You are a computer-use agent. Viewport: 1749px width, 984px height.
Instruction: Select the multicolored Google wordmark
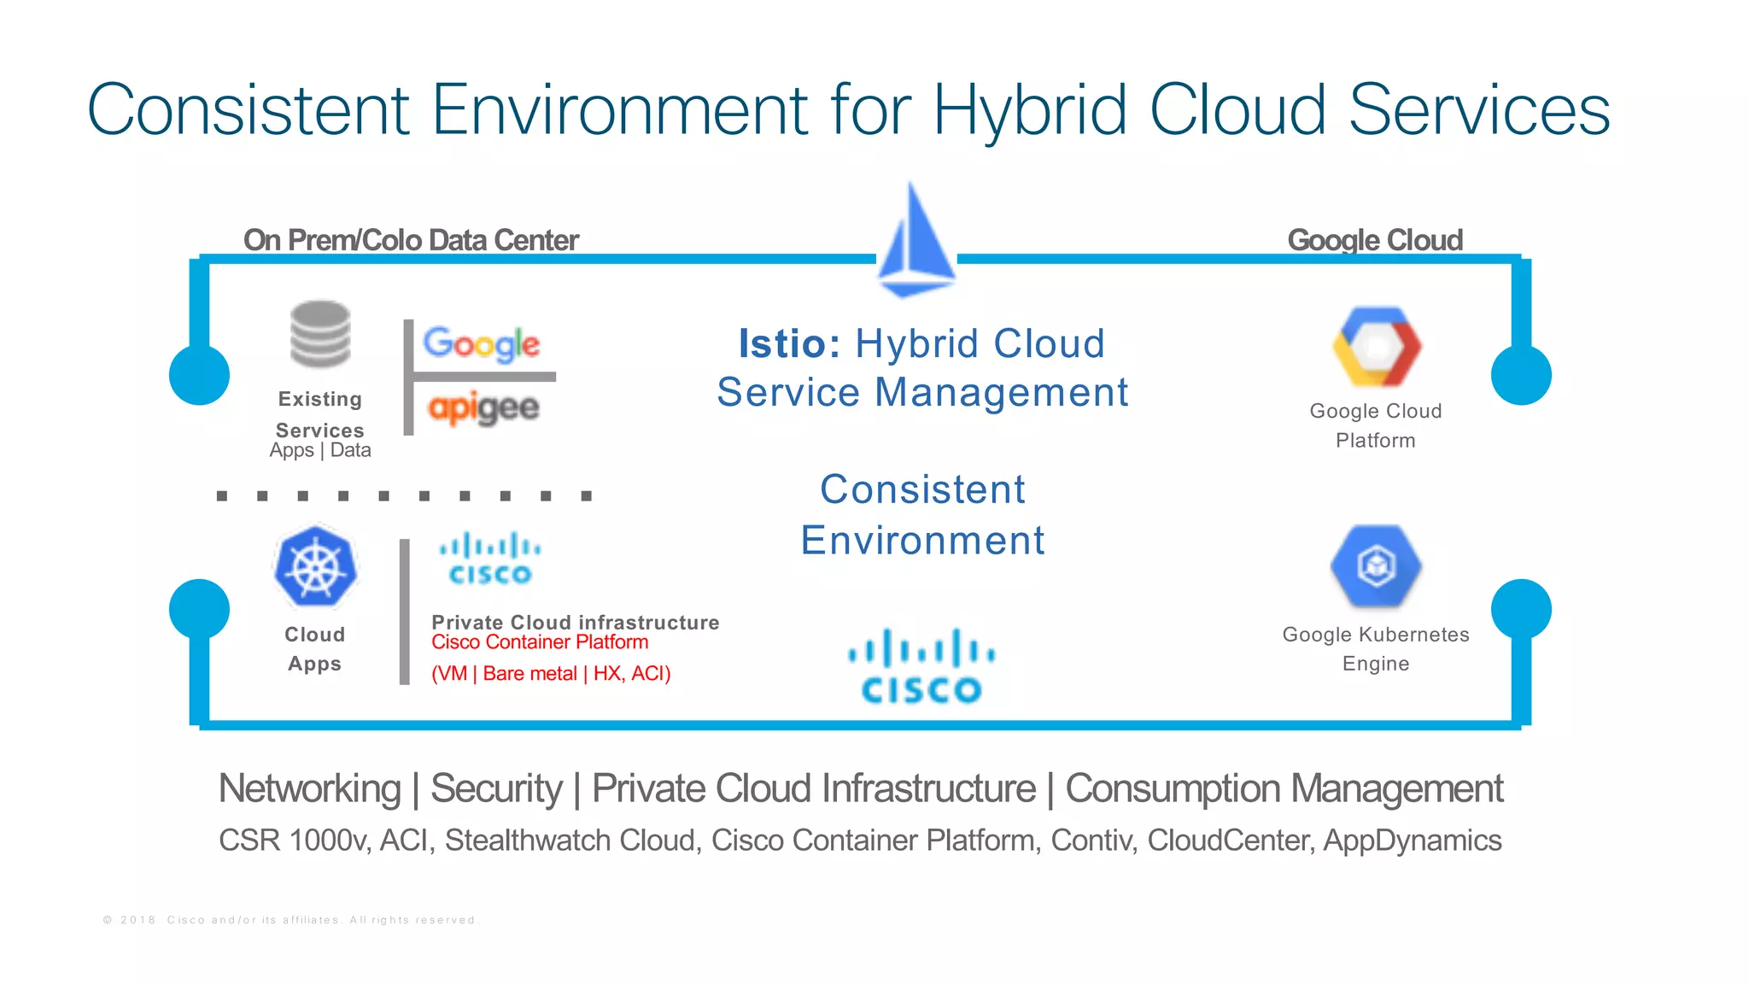(482, 343)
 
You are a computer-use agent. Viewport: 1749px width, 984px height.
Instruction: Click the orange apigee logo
(483, 407)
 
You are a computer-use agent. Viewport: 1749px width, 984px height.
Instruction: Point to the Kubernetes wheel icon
(315, 566)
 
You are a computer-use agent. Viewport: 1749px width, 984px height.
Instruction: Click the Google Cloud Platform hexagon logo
(1377, 347)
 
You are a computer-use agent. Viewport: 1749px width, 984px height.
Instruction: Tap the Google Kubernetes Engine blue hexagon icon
(1376, 565)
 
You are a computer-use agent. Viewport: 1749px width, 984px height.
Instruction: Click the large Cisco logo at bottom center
(921, 667)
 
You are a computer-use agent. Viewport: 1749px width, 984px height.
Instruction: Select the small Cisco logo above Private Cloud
(490, 559)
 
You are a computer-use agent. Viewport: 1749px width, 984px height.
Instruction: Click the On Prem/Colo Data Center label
(411, 240)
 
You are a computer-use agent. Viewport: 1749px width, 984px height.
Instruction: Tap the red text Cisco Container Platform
(540, 642)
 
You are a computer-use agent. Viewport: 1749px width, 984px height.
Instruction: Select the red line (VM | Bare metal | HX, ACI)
(551, 674)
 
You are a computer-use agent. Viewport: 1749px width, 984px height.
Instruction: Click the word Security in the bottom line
(496, 788)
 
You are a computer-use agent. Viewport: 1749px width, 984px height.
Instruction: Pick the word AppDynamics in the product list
(1412, 840)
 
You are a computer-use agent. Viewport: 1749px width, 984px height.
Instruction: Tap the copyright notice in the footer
(290, 920)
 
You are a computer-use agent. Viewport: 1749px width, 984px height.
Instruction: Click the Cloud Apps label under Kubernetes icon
(314, 649)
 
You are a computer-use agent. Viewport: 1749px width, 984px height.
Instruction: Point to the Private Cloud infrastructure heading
(575, 622)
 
